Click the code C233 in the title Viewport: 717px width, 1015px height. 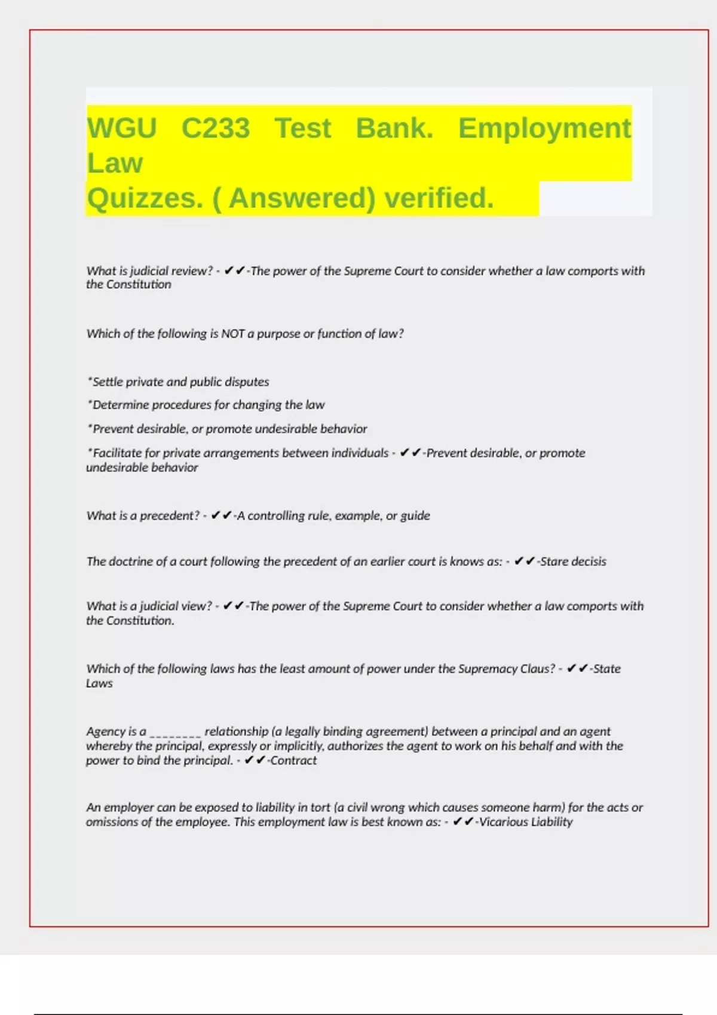pos(215,128)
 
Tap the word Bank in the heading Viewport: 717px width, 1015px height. pos(394,128)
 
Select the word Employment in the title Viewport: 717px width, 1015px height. pos(544,128)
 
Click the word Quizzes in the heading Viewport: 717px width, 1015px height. pos(145,198)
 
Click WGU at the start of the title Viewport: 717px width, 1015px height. pos(122,128)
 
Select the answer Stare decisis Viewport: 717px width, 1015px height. pos(573,561)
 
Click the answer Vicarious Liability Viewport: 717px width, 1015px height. pos(526,822)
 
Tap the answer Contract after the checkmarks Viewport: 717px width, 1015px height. pos(293,761)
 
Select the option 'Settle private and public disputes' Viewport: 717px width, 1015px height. pos(180,382)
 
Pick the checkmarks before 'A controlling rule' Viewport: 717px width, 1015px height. pos(222,515)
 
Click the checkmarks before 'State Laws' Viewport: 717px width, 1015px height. pos(577,669)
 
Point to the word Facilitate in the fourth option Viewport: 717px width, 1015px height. pos(117,453)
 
